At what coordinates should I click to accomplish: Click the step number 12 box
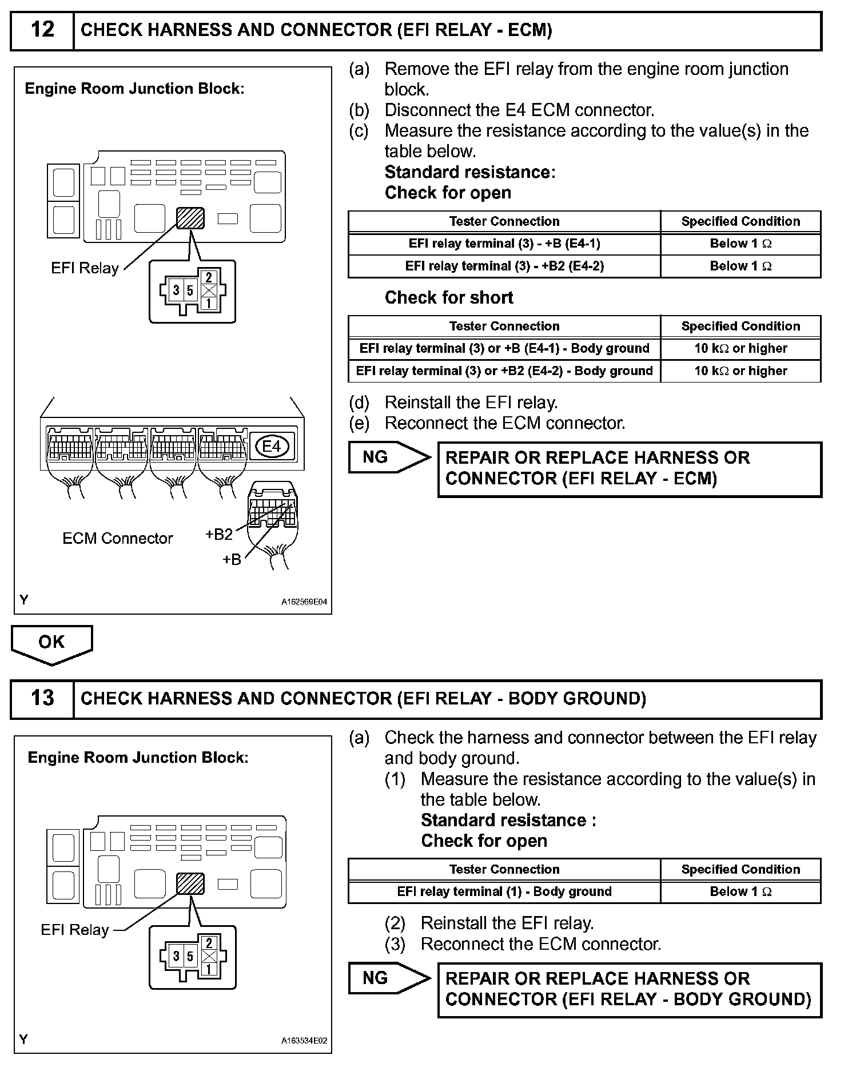(42, 30)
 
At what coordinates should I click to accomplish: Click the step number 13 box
(42, 698)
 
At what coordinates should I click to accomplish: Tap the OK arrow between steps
(51, 643)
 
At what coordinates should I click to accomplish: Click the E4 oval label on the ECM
(272, 446)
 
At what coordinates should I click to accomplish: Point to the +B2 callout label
(219, 534)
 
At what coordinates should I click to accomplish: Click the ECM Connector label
(117, 538)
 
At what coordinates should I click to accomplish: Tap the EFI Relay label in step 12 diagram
(85, 268)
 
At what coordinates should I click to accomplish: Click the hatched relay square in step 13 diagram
(190, 884)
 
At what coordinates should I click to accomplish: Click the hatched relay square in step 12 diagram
(190, 218)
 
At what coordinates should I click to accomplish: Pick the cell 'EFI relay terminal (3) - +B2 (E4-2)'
(504, 266)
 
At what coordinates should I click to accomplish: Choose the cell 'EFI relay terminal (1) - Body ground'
(504, 891)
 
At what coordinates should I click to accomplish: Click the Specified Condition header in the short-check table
(740, 327)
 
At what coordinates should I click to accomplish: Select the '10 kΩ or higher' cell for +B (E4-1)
(740, 348)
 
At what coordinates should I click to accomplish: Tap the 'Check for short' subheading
(449, 298)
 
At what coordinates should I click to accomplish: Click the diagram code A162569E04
(304, 602)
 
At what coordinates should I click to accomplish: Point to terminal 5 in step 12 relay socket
(190, 290)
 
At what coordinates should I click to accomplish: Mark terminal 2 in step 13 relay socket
(209, 943)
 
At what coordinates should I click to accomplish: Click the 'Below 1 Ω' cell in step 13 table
(740, 891)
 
